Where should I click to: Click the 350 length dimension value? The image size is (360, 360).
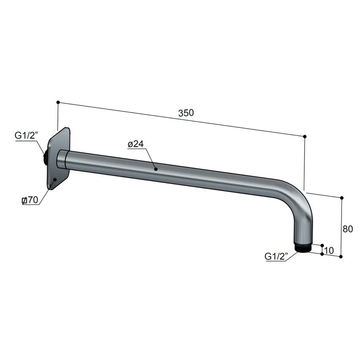(x=186, y=113)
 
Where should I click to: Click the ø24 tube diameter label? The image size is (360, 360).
(x=136, y=144)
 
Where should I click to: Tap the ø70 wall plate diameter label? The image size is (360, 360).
(x=30, y=201)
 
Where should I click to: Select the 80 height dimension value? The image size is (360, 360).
(x=348, y=229)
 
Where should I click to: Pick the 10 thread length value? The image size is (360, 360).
(x=329, y=251)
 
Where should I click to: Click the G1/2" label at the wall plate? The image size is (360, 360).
(x=26, y=136)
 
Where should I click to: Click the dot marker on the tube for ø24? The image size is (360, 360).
(x=156, y=169)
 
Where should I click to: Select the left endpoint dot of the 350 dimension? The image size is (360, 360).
(x=58, y=102)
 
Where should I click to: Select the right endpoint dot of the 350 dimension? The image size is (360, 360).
(x=305, y=137)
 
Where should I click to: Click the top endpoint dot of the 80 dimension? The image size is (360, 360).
(x=342, y=198)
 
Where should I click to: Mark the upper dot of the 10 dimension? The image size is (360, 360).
(x=322, y=245)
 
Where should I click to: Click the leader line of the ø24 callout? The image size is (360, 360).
(x=150, y=158)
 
